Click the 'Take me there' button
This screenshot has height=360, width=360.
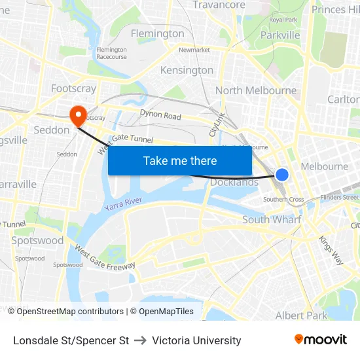point(180,160)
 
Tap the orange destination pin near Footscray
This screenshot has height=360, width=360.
point(79,116)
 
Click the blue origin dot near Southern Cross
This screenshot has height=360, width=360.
point(282,175)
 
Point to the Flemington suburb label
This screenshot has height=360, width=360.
point(157,33)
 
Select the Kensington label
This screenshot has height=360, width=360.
point(187,70)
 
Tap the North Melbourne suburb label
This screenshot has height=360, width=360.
point(256,90)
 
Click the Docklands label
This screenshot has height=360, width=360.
point(234,182)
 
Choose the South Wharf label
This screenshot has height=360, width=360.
point(272,219)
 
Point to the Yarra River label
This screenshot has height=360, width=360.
point(123,204)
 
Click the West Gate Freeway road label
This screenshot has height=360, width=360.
point(105,257)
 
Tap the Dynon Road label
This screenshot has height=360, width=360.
point(160,116)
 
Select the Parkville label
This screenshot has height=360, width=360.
point(280,35)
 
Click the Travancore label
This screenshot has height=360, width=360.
point(219,5)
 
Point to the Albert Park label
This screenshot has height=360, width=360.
point(301,315)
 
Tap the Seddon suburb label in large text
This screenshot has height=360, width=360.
point(52,130)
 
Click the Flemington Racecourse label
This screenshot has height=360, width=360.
point(112,53)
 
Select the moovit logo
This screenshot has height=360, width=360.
point(321,339)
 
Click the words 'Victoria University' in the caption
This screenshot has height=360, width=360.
point(196,340)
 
